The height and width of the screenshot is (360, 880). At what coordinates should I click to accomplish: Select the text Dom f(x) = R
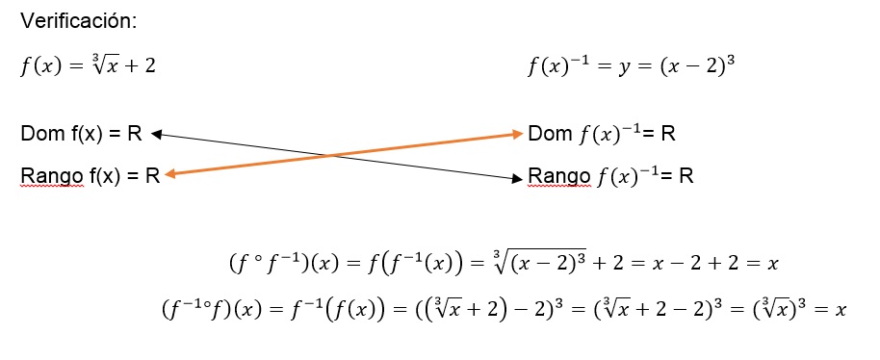coord(81,134)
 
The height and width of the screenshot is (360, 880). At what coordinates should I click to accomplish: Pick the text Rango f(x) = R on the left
coord(90,175)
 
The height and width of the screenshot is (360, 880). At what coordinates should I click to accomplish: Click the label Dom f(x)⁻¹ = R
coord(602,134)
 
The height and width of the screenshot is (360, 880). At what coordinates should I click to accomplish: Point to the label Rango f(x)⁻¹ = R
coord(610,176)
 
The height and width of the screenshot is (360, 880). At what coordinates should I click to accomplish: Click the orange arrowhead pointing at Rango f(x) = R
coord(169,174)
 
